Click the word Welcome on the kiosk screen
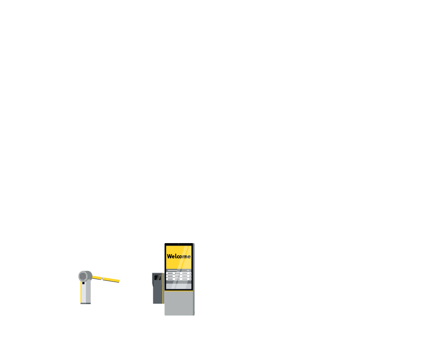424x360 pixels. click(x=178, y=256)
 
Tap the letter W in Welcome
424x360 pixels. click(x=169, y=256)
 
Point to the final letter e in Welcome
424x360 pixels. click(x=189, y=257)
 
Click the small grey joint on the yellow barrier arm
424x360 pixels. click(x=103, y=278)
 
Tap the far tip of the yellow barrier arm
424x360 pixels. click(x=119, y=281)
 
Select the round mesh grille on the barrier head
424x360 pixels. click(x=83, y=276)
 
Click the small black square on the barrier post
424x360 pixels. click(x=83, y=283)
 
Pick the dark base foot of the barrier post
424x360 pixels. click(x=86, y=303)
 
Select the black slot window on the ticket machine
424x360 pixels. click(x=157, y=277)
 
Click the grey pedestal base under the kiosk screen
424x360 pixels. click(x=178, y=303)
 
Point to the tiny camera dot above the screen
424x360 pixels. click(x=179, y=244)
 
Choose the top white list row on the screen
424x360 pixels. click(x=179, y=273)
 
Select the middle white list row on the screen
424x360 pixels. click(x=179, y=276)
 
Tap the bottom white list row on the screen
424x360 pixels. click(x=179, y=279)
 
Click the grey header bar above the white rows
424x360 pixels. click(x=179, y=270)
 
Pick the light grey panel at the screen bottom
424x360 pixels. click(x=179, y=285)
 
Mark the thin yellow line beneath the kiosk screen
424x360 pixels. click(x=179, y=291)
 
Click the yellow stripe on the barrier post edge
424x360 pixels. click(x=80, y=292)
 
